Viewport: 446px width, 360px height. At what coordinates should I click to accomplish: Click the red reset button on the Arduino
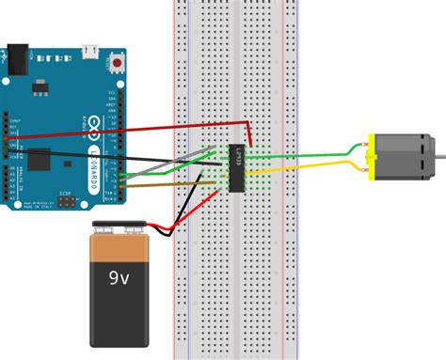pos(116,64)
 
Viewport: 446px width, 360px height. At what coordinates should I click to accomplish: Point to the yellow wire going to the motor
pos(311,169)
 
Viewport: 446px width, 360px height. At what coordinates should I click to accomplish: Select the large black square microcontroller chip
pos(40,160)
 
